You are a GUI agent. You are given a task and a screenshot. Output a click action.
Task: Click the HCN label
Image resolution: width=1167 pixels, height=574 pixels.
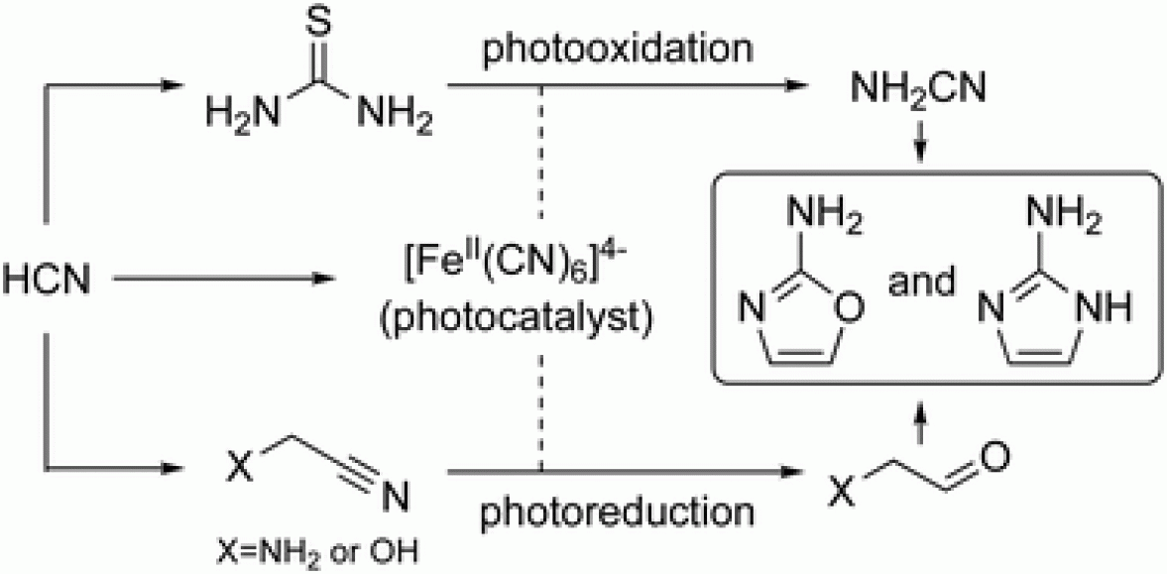click(47, 282)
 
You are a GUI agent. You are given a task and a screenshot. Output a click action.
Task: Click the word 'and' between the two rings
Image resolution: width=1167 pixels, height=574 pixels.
click(922, 282)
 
